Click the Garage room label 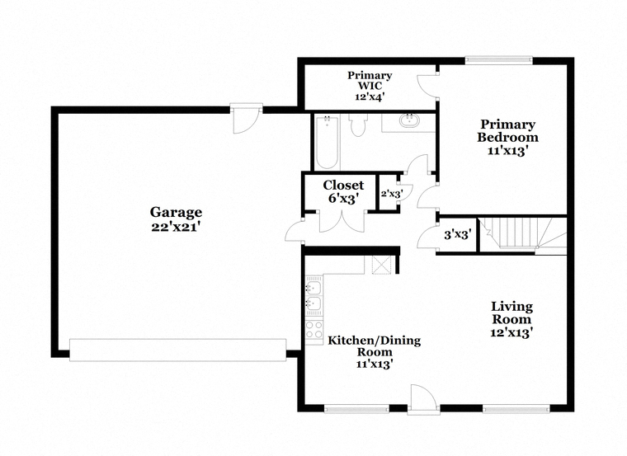click(x=176, y=212)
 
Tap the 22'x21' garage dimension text click(x=176, y=227)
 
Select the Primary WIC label click(x=370, y=80)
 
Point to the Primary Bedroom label click(x=508, y=130)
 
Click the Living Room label click(x=511, y=313)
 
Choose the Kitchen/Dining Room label click(x=375, y=346)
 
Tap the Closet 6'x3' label click(x=343, y=192)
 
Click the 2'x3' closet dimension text click(x=392, y=195)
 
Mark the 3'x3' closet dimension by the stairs click(x=457, y=234)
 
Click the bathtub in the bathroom click(x=327, y=142)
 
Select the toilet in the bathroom click(x=358, y=125)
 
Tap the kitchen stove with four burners click(x=314, y=330)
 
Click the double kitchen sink click(x=313, y=295)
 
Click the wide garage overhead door click(x=178, y=350)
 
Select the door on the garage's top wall click(x=246, y=118)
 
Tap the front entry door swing click(x=424, y=397)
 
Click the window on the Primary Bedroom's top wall click(x=499, y=60)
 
